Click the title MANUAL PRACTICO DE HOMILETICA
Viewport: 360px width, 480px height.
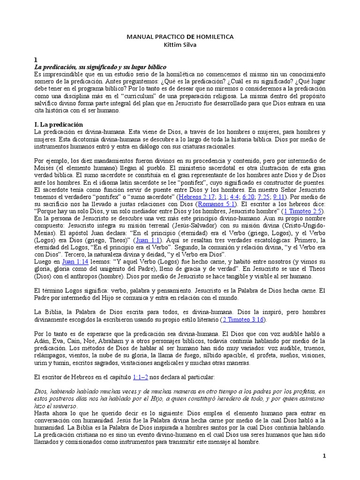pyautogui.click(x=180, y=37)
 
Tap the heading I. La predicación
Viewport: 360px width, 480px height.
pyautogui.click(x=59, y=124)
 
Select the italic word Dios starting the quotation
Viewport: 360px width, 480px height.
pyautogui.click(x=42, y=391)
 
